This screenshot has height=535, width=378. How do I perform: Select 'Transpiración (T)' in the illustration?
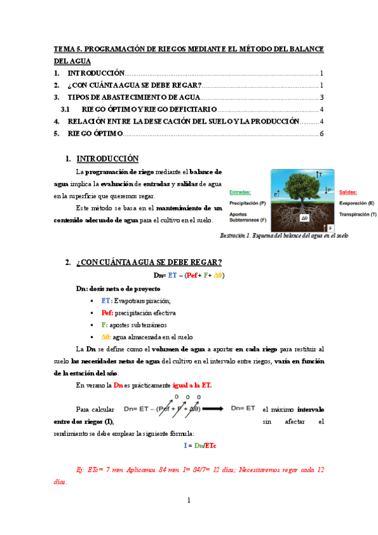coord(357,215)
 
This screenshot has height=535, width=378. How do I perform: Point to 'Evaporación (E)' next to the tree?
coord(357,203)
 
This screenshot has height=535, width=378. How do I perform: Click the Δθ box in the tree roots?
coord(305,218)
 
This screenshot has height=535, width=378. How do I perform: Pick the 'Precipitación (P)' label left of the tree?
coord(247,203)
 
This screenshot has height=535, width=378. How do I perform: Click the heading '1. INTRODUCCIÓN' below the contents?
coord(107,158)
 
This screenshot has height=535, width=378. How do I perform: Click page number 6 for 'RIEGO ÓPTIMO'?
coord(321,133)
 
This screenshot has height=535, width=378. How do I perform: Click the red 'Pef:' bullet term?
coord(107,312)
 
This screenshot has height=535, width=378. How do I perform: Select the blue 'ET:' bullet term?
coord(106,300)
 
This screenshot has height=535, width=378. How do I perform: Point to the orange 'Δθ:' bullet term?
coord(106,337)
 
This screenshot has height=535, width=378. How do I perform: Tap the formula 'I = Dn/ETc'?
coord(199,445)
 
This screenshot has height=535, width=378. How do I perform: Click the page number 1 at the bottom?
coord(189,500)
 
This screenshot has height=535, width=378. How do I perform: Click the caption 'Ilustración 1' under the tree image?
coord(283,235)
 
